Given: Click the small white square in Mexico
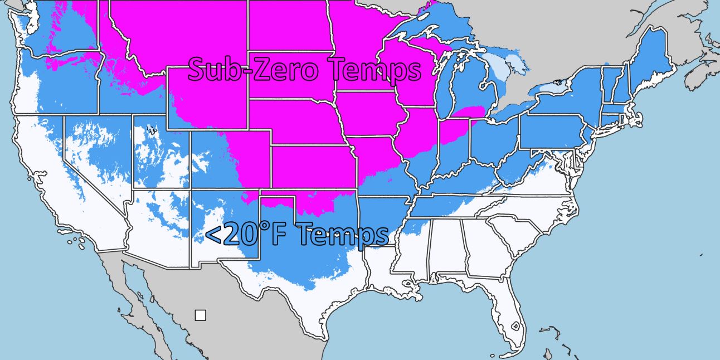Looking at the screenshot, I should tap(200, 315).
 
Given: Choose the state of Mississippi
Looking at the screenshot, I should tap(412, 251).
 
